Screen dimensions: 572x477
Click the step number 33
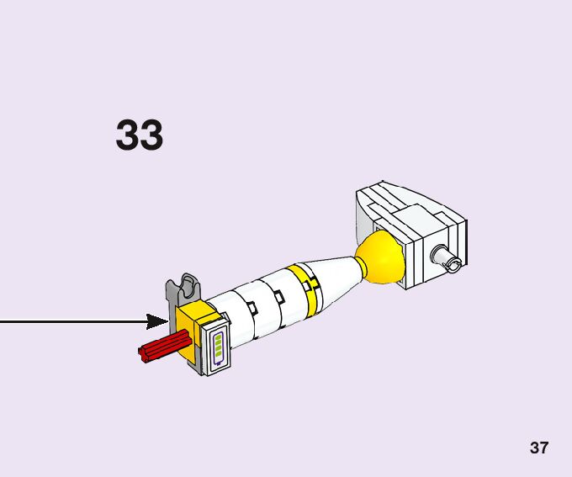(140, 135)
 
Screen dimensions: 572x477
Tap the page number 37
(539, 448)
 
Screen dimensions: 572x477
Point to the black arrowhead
(158, 321)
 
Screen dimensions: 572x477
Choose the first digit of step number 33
(128, 135)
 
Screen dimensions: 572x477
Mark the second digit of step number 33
(151, 135)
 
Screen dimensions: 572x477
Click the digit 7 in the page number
(544, 448)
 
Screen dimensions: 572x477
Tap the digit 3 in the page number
(534, 448)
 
